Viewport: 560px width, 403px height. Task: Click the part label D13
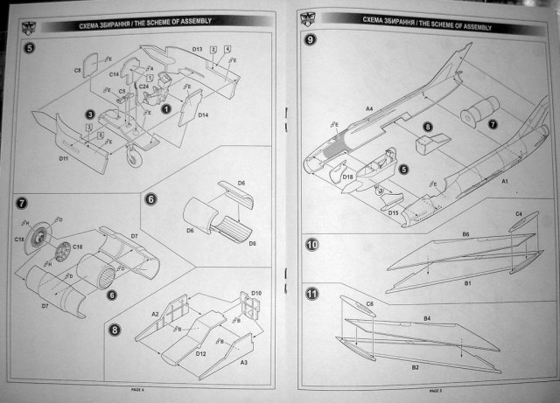197,50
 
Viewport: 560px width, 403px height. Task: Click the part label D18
348,178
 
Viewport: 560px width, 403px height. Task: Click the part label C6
370,303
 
